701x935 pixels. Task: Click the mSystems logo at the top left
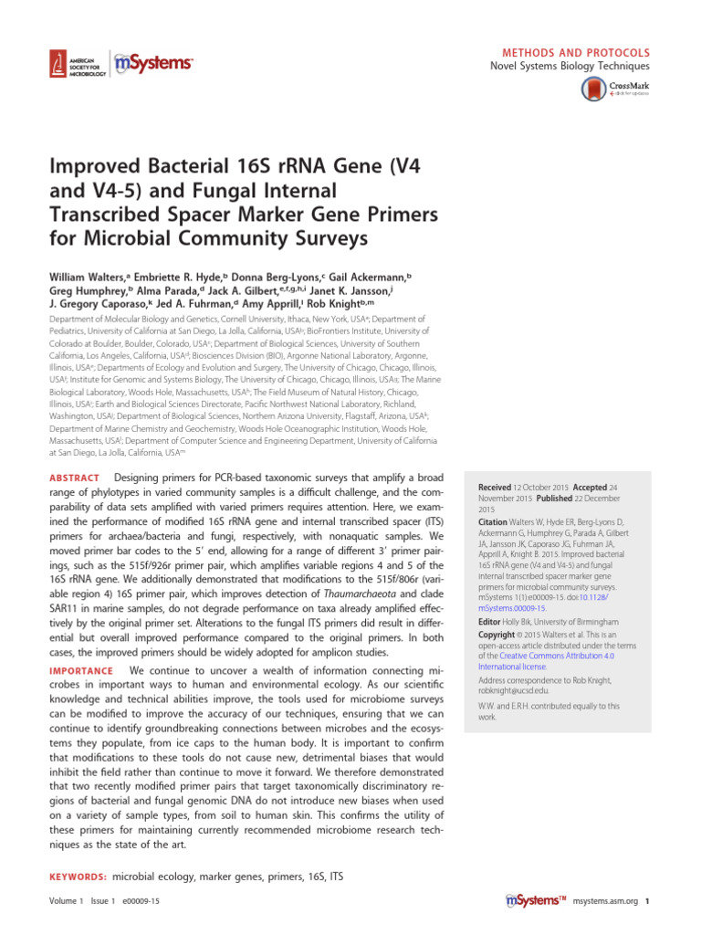point(154,63)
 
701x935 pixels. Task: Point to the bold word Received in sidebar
point(494,489)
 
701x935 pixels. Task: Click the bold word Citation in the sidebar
point(495,521)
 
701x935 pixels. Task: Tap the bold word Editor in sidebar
point(490,621)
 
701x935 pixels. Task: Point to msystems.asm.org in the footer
point(606,902)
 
